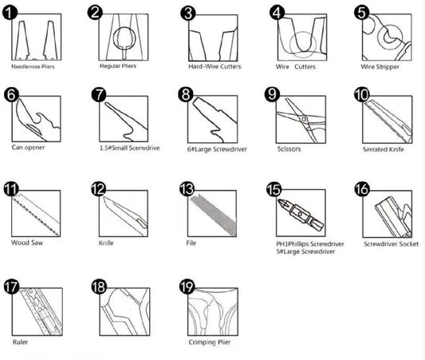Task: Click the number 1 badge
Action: pyautogui.click(x=10, y=13)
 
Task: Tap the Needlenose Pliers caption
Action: pyautogui.click(x=33, y=66)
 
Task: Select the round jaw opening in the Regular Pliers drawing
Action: pyautogui.click(x=124, y=38)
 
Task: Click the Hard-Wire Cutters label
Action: pyautogui.click(x=214, y=66)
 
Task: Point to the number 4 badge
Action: pyautogui.click(x=277, y=13)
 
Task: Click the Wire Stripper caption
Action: pyautogui.click(x=380, y=67)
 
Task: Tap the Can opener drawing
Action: pyautogui.click(x=37, y=121)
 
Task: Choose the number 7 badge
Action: pyautogui.click(x=99, y=94)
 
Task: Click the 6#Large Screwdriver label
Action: pyautogui.click(x=217, y=149)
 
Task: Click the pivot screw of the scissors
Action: pyautogui.click(x=304, y=120)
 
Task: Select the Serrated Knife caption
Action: pyautogui.click(x=384, y=149)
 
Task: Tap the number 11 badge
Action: pyautogui.click(x=11, y=189)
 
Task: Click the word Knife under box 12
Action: pyautogui.click(x=106, y=243)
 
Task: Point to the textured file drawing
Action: pyautogui.click(x=214, y=215)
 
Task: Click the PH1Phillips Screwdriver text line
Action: pyautogui.click(x=310, y=244)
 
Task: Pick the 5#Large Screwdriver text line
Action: pyautogui.click(x=305, y=251)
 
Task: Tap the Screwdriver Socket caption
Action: pyautogui.click(x=392, y=244)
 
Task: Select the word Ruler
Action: pyautogui.click(x=20, y=342)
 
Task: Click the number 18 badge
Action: pyautogui.click(x=99, y=287)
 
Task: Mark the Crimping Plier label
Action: pyautogui.click(x=210, y=342)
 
